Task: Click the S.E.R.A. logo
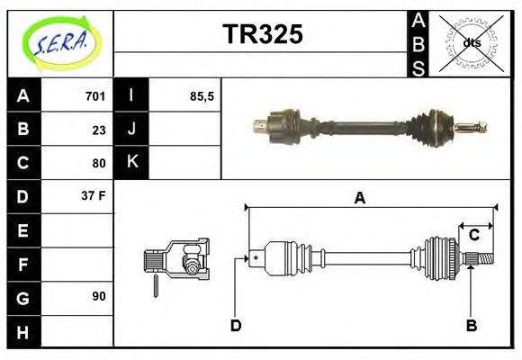(x=60, y=41)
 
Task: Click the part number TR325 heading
(x=262, y=35)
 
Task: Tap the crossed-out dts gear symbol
(x=471, y=42)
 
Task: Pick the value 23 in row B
(x=98, y=130)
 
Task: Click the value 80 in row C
(x=98, y=164)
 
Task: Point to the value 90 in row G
(x=98, y=296)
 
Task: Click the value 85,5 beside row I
(x=202, y=96)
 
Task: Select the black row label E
(x=22, y=230)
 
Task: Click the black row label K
(x=131, y=163)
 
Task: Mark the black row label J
(x=131, y=130)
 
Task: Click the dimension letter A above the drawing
(x=359, y=198)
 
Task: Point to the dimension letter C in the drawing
(x=473, y=237)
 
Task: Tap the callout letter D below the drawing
(x=236, y=325)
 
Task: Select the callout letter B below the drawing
(x=471, y=325)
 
